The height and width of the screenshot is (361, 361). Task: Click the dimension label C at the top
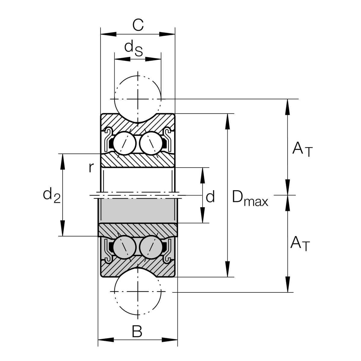(138, 25)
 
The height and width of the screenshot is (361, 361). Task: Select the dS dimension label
(134, 48)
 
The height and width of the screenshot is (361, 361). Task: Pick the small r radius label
(91, 167)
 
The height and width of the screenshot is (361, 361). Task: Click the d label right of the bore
(210, 197)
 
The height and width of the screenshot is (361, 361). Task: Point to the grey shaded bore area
(137, 211)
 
